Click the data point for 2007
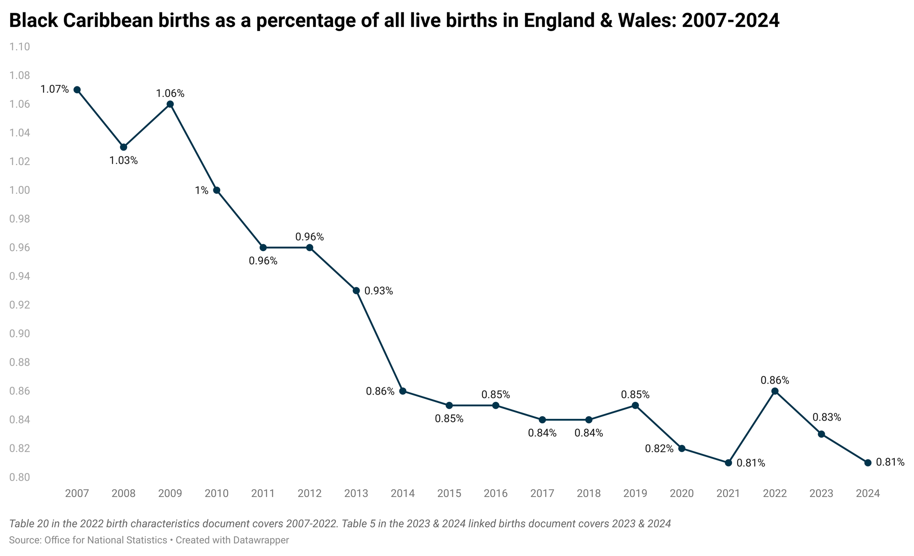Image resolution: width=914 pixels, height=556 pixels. coord(77,90)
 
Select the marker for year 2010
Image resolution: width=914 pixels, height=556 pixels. coord(217,190)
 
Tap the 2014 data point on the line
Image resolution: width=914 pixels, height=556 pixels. coord(403,391)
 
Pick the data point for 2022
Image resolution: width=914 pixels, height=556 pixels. coord(775,391)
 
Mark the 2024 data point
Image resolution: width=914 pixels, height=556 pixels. coord(868,463)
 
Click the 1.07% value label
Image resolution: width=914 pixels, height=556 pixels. coord(54,89)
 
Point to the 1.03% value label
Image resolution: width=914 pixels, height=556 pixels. coord(123,160)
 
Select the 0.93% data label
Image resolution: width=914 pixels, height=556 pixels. coord(379,291)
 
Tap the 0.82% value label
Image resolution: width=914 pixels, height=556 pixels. coord(659,449)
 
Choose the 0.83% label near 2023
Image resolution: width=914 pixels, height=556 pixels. coord(826,417)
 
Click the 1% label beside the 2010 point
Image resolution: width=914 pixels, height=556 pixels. coord(202,191)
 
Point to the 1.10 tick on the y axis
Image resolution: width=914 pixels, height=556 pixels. coord(20,47)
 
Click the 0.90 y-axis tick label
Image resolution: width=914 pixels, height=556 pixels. coord(20,334)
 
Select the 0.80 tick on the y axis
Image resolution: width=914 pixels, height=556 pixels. coord(20,477)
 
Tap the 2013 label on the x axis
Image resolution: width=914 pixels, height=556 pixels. coord(356,494)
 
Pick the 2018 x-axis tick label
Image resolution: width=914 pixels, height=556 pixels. coord(589,494)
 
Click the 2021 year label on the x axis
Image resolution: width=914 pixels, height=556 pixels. coord(728,494)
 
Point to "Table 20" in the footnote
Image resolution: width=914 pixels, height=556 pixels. coord(26,524)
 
